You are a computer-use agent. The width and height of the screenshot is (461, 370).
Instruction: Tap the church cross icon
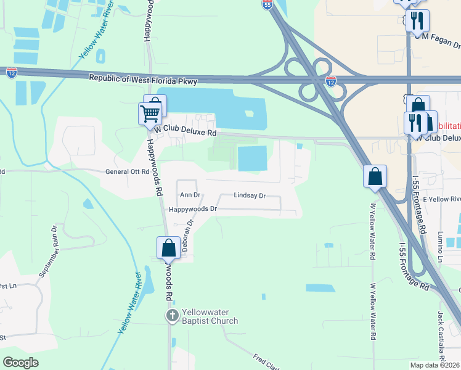coord(173,316)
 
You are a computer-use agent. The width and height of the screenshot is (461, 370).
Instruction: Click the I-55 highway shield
coord(267,5)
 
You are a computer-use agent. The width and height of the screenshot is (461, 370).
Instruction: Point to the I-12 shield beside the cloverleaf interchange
coord(330,81)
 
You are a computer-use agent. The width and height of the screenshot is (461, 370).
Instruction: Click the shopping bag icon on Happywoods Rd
coord(168,249)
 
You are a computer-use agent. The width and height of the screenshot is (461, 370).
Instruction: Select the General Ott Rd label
coord(128,172)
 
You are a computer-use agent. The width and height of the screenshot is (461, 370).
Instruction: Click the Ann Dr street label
coord(190,195)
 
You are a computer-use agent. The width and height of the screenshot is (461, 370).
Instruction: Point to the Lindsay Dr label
coord(250,195)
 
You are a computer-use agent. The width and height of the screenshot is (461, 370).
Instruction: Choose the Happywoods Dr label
coord(193,209)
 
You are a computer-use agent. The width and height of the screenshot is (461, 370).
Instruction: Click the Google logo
coord(20,363)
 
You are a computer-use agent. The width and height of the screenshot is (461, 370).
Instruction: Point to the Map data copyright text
coord(435,365)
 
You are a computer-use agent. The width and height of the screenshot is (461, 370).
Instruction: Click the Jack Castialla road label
coord(441,335)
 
